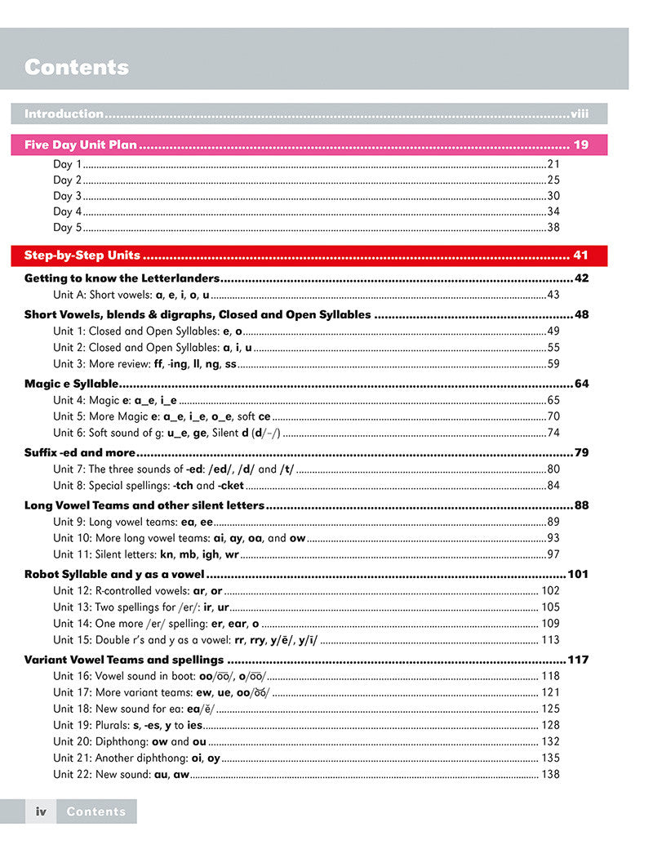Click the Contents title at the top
pyautogui.click(x=77, y=67)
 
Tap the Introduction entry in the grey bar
pyautogui.click(x=64, y=113)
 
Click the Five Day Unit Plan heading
pyautogui.click(x=81, y=145)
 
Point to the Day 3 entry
pyautogui.click(x=68, y=196)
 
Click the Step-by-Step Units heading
pyautogui.click(x=82, y=256)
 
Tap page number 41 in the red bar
pyautogui.click(x=580, y=256)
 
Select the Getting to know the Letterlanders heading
pyautogui.click(x=122, y=278)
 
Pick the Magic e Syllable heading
pyautogui.click(x=72, y=383)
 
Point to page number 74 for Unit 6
pyautogui.click(x=553, y=433)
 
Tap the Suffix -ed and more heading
pyautogui.click(x=79, y=452)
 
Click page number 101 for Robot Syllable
pyautogui.click(x=578, y=574)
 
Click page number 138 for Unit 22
pyautogui.click(x=550, y=774)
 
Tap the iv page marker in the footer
pyautogui.click(x=40, y=812)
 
